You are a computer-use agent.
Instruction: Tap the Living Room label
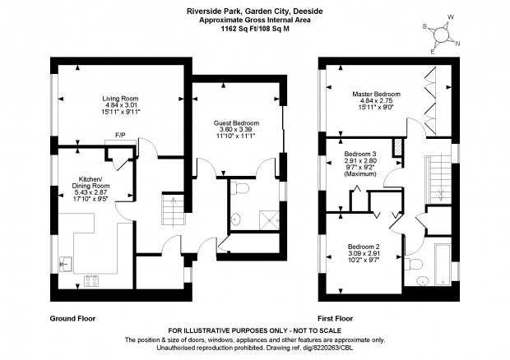point(118,105)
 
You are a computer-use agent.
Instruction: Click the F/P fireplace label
point(119,135)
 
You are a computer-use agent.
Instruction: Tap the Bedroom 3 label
point(360,161)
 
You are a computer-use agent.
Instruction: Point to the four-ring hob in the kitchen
point(91,282)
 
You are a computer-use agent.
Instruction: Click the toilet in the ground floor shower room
point(241,189)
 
